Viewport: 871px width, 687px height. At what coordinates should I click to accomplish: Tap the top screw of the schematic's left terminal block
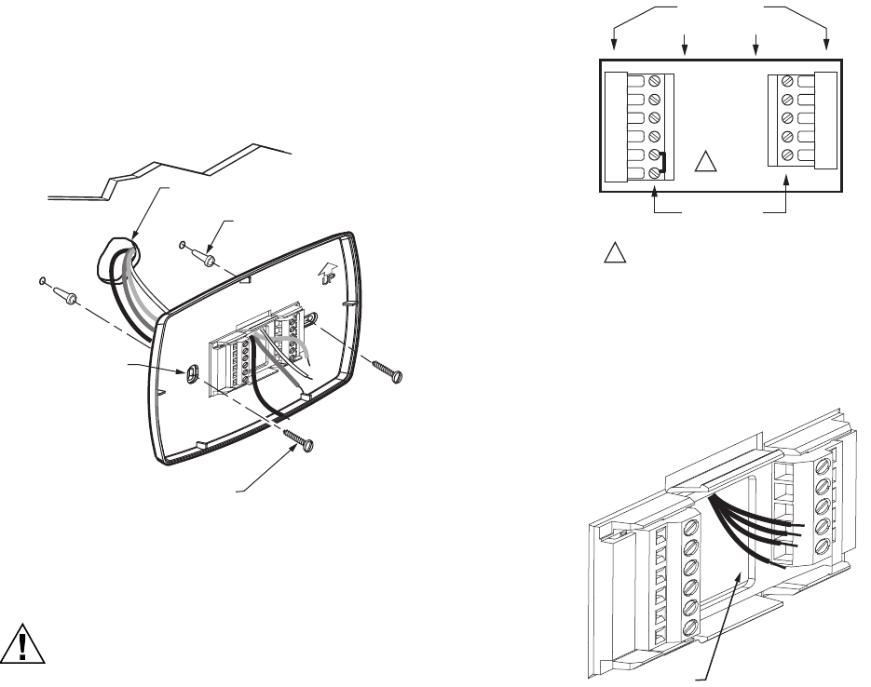(x=655, y=81)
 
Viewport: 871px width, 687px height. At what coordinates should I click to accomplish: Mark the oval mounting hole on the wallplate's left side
(x=191, y=372)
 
